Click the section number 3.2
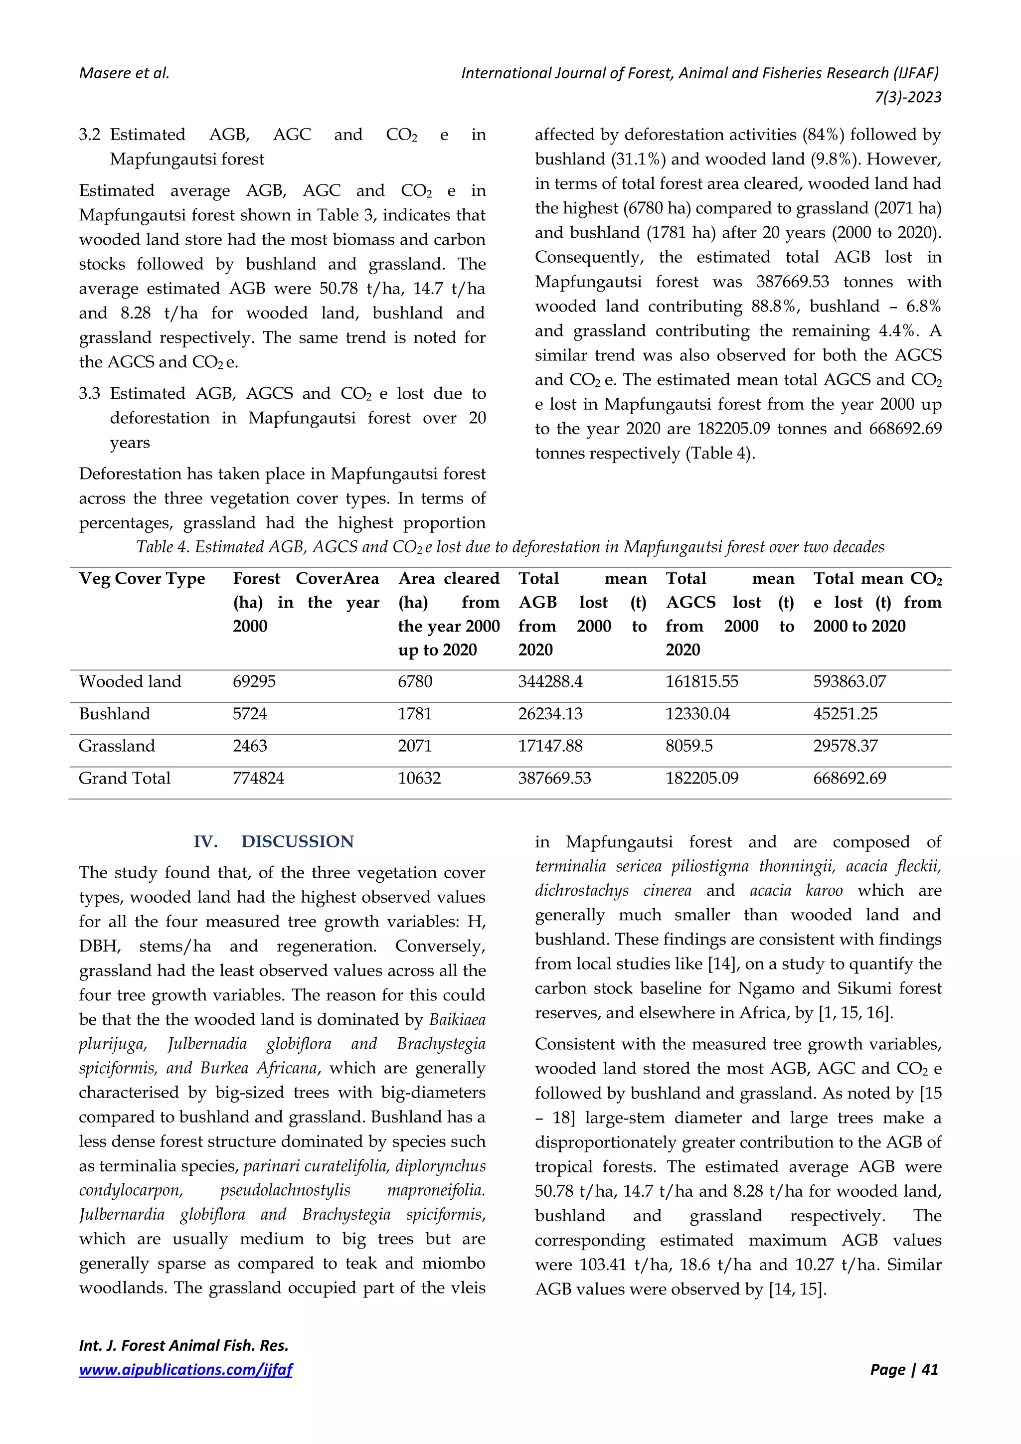89,135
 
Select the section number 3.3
89,394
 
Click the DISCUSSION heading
297,841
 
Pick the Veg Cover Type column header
142,579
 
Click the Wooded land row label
130,682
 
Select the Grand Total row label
125,779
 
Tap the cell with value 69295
254,682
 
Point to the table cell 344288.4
550,682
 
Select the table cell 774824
259,779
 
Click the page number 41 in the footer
929,1370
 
